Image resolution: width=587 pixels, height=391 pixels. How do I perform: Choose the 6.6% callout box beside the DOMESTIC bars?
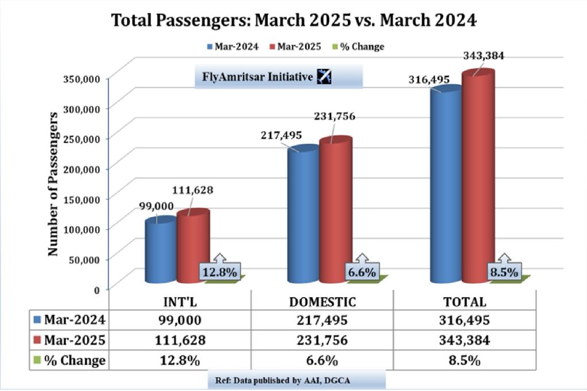point(362,272)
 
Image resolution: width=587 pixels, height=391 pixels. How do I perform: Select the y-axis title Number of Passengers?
point(53,183)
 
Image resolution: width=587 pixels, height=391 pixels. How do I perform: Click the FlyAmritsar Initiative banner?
point(279,76)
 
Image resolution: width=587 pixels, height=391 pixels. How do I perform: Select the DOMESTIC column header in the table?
point(323,302)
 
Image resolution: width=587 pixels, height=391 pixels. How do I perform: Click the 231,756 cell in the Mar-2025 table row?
point(323,339)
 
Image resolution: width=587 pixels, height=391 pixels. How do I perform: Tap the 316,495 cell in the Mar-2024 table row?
point(465,320)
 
